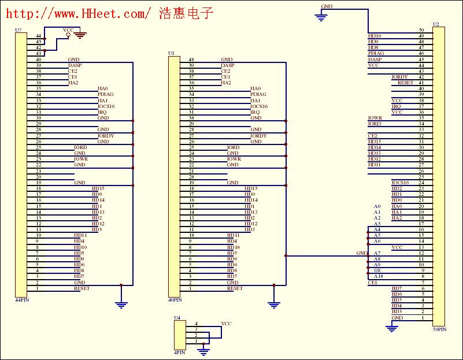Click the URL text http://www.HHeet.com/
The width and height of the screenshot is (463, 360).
coord(78,12)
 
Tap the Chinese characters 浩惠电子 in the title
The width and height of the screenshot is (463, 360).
coord(187,12)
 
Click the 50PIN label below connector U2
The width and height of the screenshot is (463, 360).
coord(439,329)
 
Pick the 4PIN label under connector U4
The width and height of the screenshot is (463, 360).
coord(180,352)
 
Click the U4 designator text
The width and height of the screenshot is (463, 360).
coord(177,318)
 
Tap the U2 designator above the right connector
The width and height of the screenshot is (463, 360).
coord(436,25)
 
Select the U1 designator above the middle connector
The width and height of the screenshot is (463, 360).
coord(171,53)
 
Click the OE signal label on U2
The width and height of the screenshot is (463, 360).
coord(377,270)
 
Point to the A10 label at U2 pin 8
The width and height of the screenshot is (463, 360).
coord(378,276)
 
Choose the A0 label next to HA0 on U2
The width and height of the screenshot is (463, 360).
coord(377,206)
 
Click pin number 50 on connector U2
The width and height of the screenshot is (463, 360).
coord(421,30)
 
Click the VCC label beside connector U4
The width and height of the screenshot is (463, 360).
coord(226,324)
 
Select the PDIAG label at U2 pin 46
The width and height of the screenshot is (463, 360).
coord(376,53)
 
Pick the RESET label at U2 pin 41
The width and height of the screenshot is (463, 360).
coord(405,83)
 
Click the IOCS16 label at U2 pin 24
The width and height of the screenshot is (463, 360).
coord(400,183)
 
